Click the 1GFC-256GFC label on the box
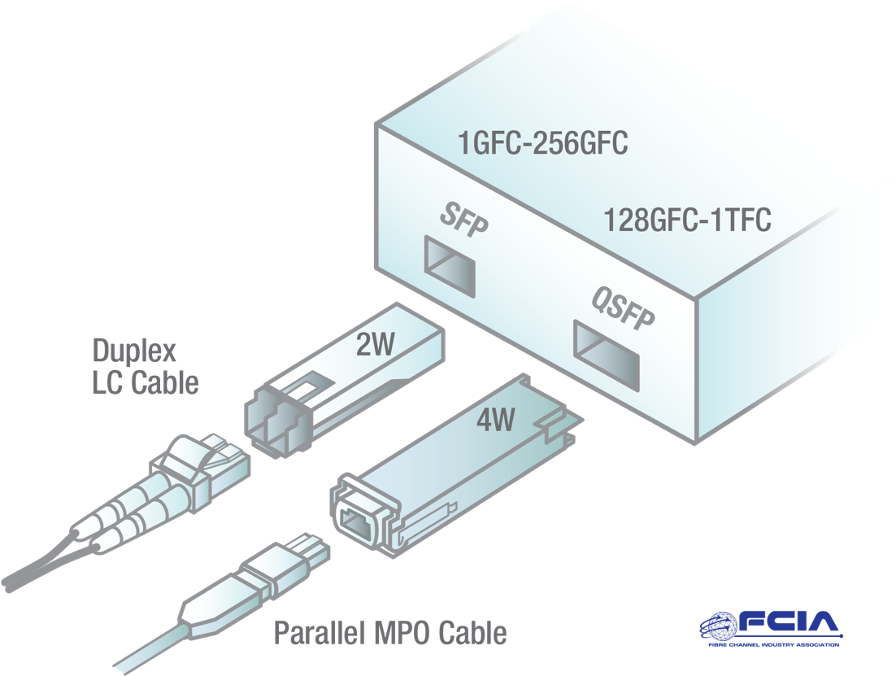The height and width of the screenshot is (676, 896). [543, 142]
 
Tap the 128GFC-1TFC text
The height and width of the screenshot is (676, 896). [687, 220]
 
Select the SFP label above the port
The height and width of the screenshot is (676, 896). [464, 219]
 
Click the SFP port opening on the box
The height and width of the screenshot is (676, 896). [450, 266]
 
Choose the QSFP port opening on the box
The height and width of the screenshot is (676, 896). [607, 355]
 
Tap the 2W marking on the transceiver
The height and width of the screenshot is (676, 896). [376, 344]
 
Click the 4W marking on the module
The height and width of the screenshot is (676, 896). [495, 420]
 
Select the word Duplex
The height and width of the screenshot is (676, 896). [134, 351]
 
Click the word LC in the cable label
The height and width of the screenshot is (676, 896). [108, 382]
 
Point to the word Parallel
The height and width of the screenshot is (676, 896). [320, 633]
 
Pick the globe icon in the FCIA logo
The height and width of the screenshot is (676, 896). [719, 626]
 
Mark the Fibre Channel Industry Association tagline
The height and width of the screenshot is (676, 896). [773, 644]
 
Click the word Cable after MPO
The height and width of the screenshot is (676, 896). [472, 633]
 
